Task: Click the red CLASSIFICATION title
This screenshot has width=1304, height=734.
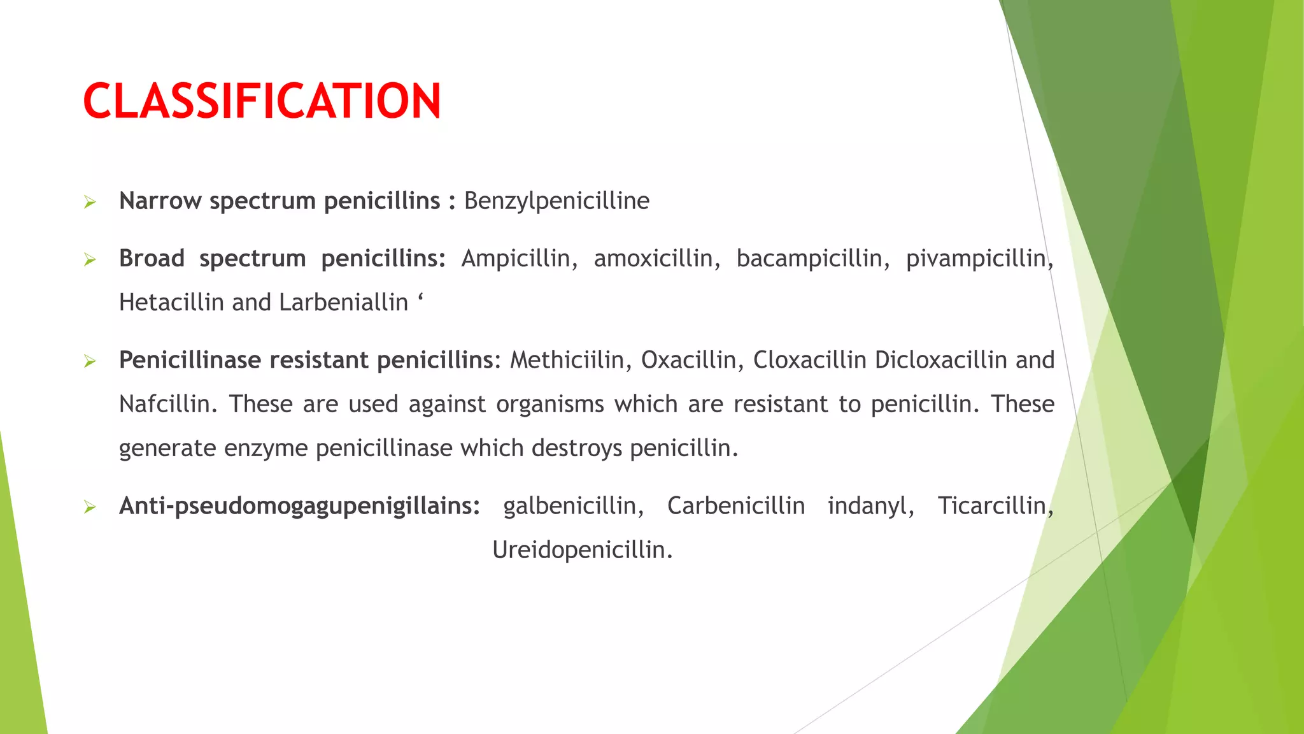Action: pos(262,101)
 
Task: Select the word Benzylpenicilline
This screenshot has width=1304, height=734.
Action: pos(556,201)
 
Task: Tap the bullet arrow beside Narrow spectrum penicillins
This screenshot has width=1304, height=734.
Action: pos(90,203)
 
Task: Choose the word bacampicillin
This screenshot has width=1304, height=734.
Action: pos(812,259)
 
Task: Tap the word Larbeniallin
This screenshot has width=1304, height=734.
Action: pos(343,303)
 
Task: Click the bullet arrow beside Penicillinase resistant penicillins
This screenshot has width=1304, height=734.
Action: pos(90,362)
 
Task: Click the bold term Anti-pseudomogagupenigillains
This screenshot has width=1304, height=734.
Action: pos(299,507)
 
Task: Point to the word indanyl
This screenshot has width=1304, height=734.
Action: pos(870,507)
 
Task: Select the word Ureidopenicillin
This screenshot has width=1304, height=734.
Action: pos(582,550)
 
